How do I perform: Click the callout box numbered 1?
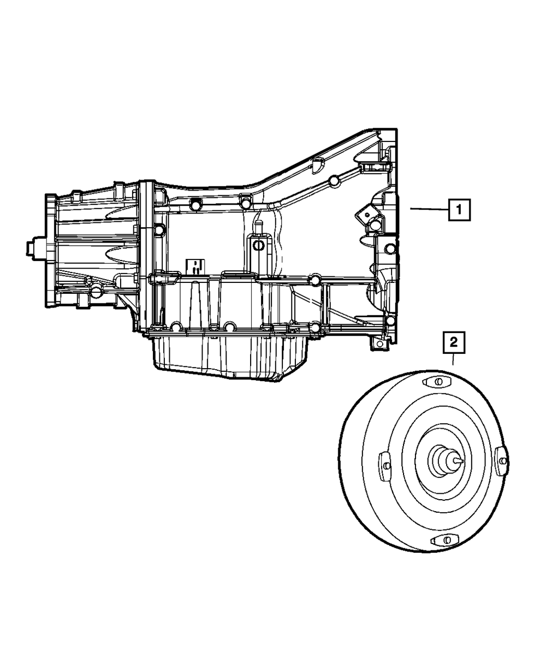(x=459, y=210)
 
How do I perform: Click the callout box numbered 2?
(x=454, y=342)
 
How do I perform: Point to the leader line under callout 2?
(x=453, y=359)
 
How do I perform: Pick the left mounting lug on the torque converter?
(x=384, y=466)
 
